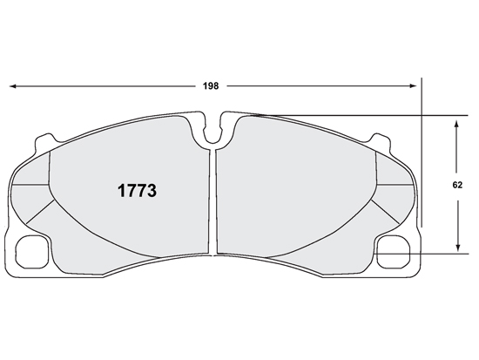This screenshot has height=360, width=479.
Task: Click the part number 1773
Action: click(x=137, y=191)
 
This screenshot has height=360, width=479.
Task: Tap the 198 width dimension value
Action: click(x=211, y=86)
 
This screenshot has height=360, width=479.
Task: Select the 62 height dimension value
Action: click(x=457, y=185)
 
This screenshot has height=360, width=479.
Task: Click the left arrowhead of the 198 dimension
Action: click(x=13, y=86)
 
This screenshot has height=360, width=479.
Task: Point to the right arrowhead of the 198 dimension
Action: click(x=413, y=86)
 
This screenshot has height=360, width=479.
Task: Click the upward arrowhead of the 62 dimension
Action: click(x=456, y=124)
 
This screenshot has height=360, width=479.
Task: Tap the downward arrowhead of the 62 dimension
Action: click(x=457, y=248)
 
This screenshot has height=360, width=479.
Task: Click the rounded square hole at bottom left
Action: click(x=32, y=252)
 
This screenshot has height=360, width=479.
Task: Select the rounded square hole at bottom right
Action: click(x=394, y=252)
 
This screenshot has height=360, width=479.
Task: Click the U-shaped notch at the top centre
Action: click(x=213, y=134)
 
